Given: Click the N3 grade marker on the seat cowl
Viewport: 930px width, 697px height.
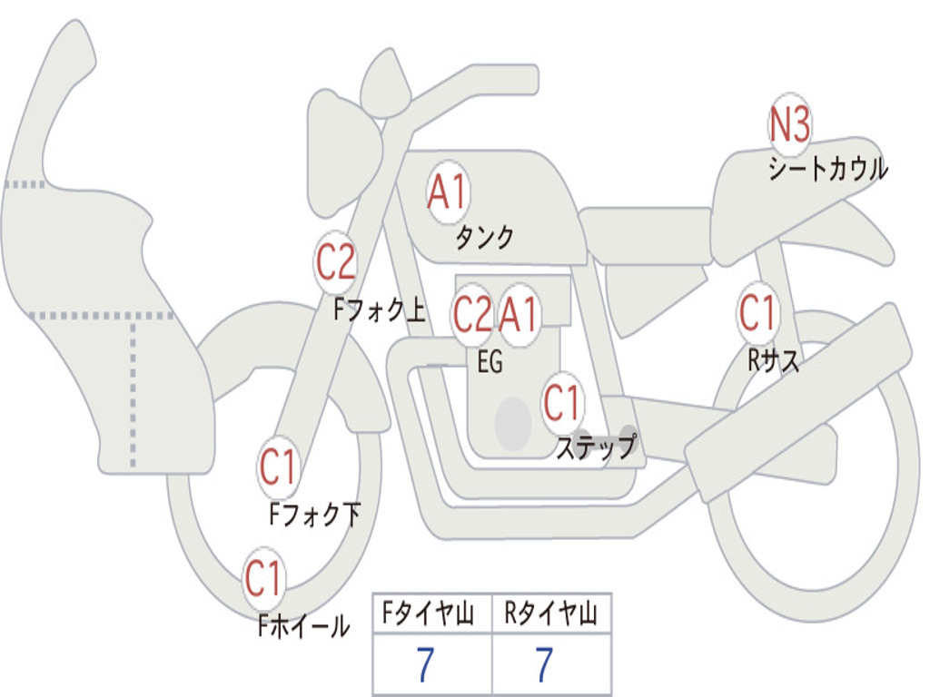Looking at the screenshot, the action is click(x=789, y=125).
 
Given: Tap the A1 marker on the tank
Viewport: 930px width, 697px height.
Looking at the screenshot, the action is click(x=449, y=191).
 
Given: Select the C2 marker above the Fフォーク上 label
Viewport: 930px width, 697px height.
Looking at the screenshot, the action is click(x=336, y=262).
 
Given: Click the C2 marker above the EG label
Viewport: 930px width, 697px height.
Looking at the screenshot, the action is click(x=472, y=314).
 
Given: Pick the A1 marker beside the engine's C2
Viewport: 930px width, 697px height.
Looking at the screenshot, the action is click(x=519, y=314).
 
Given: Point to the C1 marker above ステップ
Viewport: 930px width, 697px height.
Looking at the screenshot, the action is click(x=561, y=402).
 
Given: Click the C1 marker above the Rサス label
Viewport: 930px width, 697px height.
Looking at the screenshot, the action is click(x=757, y=312).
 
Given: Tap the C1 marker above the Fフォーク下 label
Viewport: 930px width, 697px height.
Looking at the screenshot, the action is click(x=278, y=467).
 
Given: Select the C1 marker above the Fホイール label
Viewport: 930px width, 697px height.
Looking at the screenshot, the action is click(x=262, y=578).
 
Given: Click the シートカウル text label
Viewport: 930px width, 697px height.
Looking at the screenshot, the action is click(x=828, y=168).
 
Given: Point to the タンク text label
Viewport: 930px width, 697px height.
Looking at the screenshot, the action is click(x=484, y=237).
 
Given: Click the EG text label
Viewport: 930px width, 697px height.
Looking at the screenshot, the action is click(x=490, y=361).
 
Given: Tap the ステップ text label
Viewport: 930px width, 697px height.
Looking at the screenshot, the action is click(x=596, y=447).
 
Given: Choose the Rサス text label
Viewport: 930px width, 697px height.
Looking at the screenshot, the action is click(x=773, y=359).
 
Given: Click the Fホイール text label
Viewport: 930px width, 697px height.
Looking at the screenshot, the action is click(x=303, y=626).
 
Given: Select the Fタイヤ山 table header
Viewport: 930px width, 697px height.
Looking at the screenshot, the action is click(x=429, y=614).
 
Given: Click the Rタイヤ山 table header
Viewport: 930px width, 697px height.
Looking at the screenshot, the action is click(x=551, y=614).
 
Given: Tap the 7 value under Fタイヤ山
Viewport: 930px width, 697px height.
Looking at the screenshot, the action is click(x=425, y=664).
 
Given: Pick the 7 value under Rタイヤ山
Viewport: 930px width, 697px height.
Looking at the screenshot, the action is click(x=545, y=664).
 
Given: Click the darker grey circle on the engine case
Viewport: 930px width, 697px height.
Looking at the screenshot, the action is click(x=513, y=423).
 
